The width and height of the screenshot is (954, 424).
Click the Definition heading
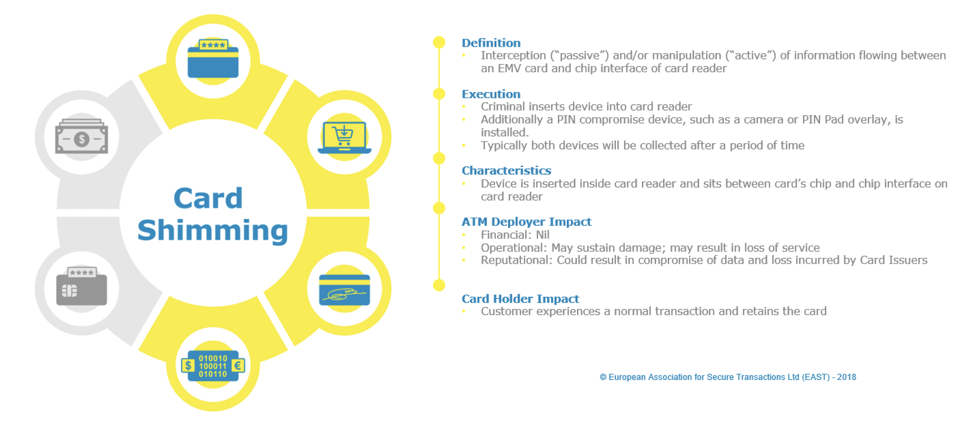tap(491, 43)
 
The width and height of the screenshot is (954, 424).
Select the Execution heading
tap(491, 94)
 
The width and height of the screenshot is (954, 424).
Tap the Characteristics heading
tap(506, 171)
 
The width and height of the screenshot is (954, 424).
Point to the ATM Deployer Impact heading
tap(526, 222)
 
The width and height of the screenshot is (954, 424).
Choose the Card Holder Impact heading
tap(520, 299)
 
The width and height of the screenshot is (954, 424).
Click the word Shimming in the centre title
tap(213, 231)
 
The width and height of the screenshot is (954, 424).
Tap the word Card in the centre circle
tap(208, 199)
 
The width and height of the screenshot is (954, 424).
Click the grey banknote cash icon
tap(82, 137)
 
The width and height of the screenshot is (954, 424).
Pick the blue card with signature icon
tap(344, 290)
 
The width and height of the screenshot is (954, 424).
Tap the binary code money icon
tap(213, 366)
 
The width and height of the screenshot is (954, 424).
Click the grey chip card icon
tap(82, 287)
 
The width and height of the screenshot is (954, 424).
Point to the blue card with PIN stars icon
tap(213, 59)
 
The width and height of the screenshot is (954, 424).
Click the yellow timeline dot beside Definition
tap(439, 43)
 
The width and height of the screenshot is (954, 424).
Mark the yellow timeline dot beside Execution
tap(439, 94)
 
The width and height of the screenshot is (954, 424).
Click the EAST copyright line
tap(728, 377)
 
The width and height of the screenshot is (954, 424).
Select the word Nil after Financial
tap(542, 235)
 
